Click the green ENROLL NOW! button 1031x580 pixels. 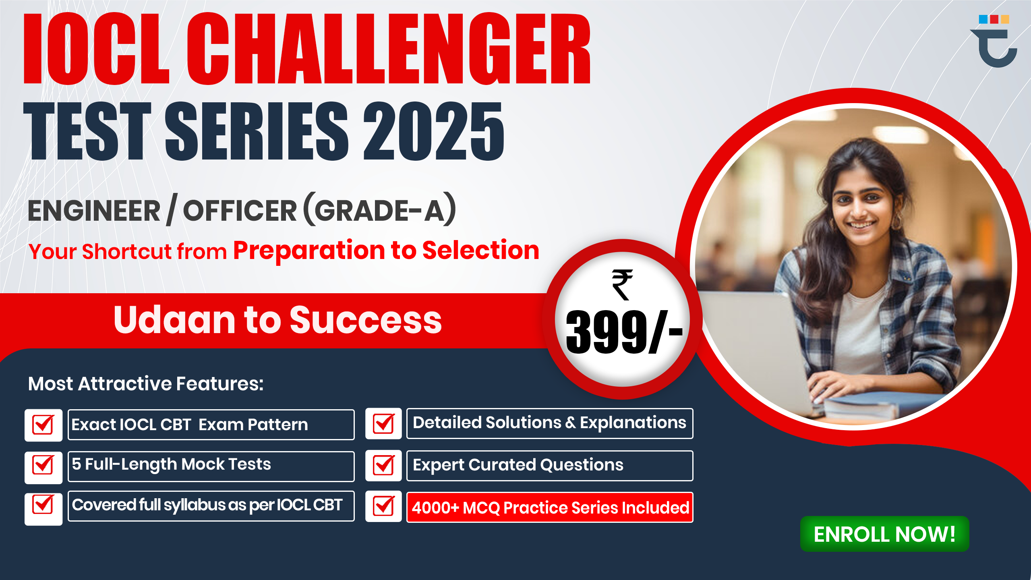pos(884,534)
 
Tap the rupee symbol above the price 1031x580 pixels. pos(622,285)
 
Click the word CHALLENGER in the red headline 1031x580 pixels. pos(388,49)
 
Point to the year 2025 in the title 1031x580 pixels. pos(433,131)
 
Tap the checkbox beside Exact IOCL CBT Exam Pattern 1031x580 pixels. pos(43,425)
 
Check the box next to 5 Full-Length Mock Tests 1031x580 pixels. pos(43,466)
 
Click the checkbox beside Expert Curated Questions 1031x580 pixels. pos(383,466)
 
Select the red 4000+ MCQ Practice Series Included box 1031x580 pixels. pos(550,507)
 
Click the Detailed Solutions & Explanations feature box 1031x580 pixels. pos(550,423)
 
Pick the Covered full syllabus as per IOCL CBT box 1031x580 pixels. pos(211,506)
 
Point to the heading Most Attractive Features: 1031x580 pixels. pos(146,383)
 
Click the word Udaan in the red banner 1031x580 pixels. pos(174,320)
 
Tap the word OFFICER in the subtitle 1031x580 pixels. pos(240,211)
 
